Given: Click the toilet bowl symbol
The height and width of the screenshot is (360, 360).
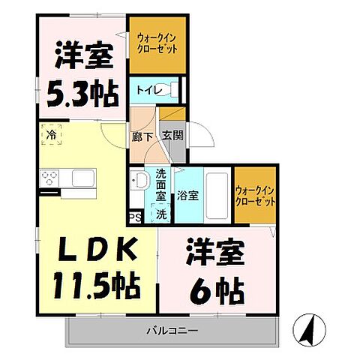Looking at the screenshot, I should tap(173, 90).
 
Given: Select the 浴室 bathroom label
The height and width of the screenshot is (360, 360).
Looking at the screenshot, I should tap(187, 196).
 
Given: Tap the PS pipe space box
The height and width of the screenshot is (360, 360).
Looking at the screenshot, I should tap(136, 217).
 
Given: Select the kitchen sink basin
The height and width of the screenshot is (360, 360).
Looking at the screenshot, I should tap(82, 178).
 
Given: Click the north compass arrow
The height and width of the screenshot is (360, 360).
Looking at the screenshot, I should tap(313, 328).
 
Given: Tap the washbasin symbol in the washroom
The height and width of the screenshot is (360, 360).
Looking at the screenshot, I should tap(138, 180).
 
